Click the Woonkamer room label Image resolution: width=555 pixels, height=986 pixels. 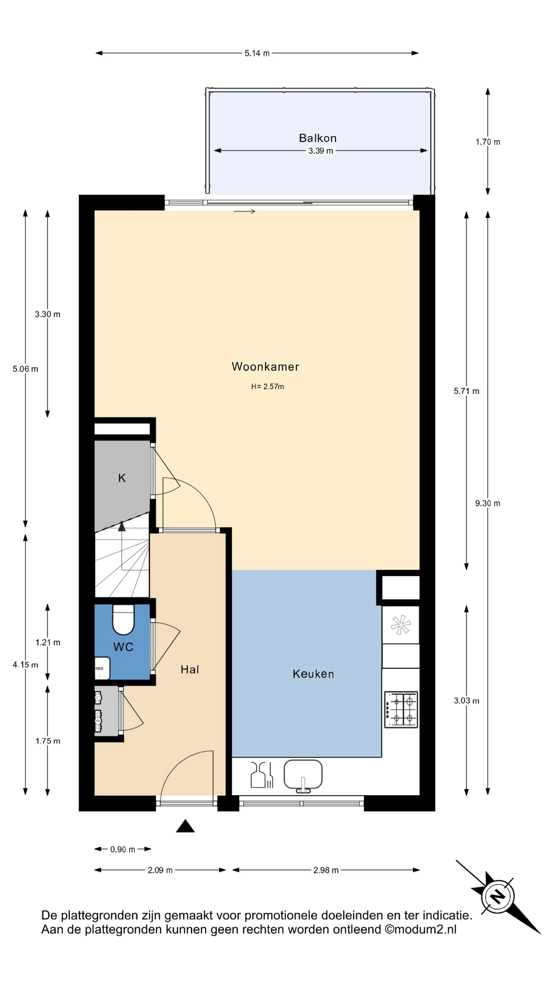point(265,367)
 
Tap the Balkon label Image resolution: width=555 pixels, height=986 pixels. point(318,138)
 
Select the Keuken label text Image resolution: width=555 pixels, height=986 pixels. point(313,674)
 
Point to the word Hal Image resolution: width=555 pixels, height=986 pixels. point(190,669)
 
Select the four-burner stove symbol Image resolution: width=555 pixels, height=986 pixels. point(401,710)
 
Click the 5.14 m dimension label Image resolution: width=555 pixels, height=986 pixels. point(257,53)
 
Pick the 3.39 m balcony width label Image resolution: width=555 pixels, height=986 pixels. point(321,151)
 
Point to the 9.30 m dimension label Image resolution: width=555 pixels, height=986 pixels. point(488,503)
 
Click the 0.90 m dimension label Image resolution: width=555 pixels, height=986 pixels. point(123,849)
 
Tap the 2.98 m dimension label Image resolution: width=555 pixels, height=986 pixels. point(326,870)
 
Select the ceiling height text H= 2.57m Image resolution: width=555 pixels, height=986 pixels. point(267,387)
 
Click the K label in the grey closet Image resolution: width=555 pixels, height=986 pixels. point(122,478)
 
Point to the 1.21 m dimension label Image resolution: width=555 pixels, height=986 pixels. point(48,642)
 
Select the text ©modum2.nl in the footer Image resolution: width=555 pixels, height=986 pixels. point(420,930)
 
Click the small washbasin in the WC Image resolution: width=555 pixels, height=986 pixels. point(102,668)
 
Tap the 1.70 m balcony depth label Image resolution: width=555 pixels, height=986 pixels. point(488,142)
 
